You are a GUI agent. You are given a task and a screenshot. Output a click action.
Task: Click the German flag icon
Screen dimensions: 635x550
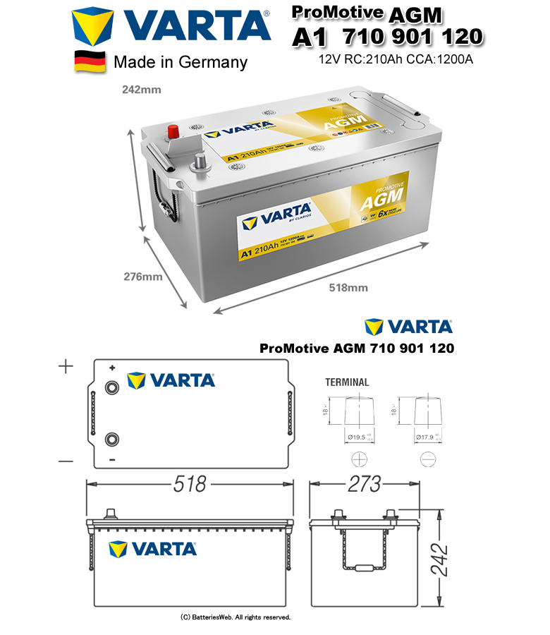coord(90,61)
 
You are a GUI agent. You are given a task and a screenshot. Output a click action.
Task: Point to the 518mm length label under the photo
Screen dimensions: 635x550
coord(348,287)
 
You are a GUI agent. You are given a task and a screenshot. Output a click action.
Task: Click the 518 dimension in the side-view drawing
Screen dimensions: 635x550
coord(190,485)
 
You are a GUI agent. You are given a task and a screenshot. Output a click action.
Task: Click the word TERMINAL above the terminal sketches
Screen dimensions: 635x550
coord(346,382)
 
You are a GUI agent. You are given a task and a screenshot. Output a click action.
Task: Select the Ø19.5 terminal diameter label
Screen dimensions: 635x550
coord(357,437)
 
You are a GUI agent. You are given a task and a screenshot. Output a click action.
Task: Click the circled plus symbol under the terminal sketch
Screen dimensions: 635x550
coord(358,459)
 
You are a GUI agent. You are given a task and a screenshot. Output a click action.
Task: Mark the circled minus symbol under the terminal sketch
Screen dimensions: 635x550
coord(427,459)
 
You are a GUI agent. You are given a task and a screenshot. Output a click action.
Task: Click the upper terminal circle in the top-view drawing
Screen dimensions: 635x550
coord(111,387)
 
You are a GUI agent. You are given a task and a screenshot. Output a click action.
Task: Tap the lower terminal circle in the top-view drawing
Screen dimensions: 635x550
coord(111,439)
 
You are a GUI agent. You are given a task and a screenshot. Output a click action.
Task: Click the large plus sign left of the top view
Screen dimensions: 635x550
coord(66,367)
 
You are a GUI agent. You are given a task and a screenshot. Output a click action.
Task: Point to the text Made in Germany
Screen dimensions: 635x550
coord(181,62)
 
